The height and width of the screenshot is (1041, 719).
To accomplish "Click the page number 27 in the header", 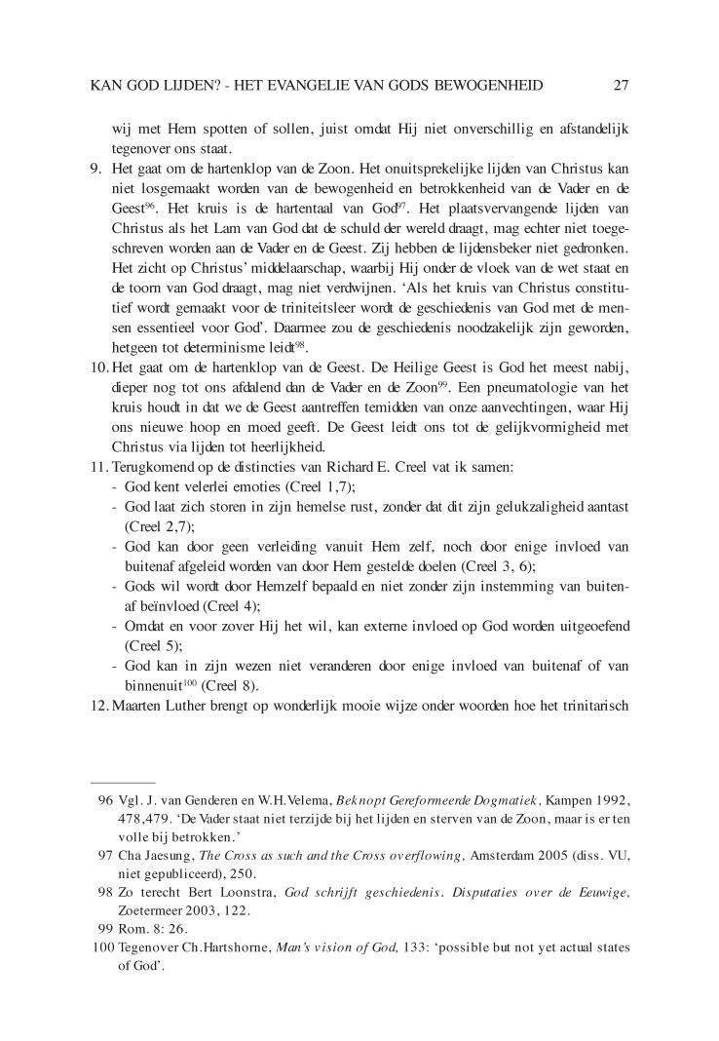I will [x=621, y=86].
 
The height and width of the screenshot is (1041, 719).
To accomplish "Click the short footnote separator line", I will [x=122, y=782].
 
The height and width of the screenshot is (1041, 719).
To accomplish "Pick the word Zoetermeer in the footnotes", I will [x=145, y=910].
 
